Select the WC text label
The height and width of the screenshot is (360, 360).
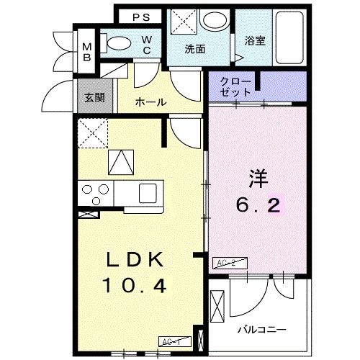(146, 45)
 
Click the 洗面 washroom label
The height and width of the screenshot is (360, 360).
(194, 50)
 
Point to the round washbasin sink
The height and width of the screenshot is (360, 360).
(213, 22)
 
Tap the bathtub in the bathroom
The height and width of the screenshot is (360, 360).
(289, 37)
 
